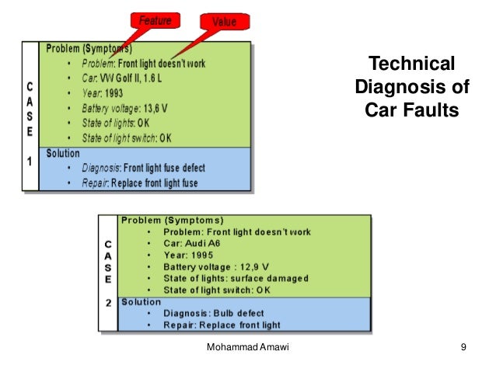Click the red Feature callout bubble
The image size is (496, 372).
(155, 20)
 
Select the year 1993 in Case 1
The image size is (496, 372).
(107, 93)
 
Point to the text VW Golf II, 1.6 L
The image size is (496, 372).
(127, 78)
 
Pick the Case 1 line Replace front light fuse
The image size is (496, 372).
(154, 183)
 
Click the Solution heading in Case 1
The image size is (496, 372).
(63, 154)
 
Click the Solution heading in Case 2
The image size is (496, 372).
(141, 301)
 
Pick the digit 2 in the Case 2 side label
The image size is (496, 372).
(108, 302)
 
